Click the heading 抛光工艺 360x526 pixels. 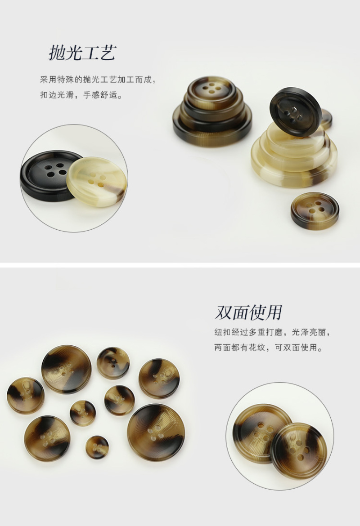82,53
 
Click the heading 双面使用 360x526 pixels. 248,312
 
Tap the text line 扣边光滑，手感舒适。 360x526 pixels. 81,95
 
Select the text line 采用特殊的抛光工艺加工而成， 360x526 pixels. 98,80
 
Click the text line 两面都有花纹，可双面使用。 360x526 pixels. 268,348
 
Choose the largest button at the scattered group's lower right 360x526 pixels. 156,432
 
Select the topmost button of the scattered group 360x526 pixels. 113,363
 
